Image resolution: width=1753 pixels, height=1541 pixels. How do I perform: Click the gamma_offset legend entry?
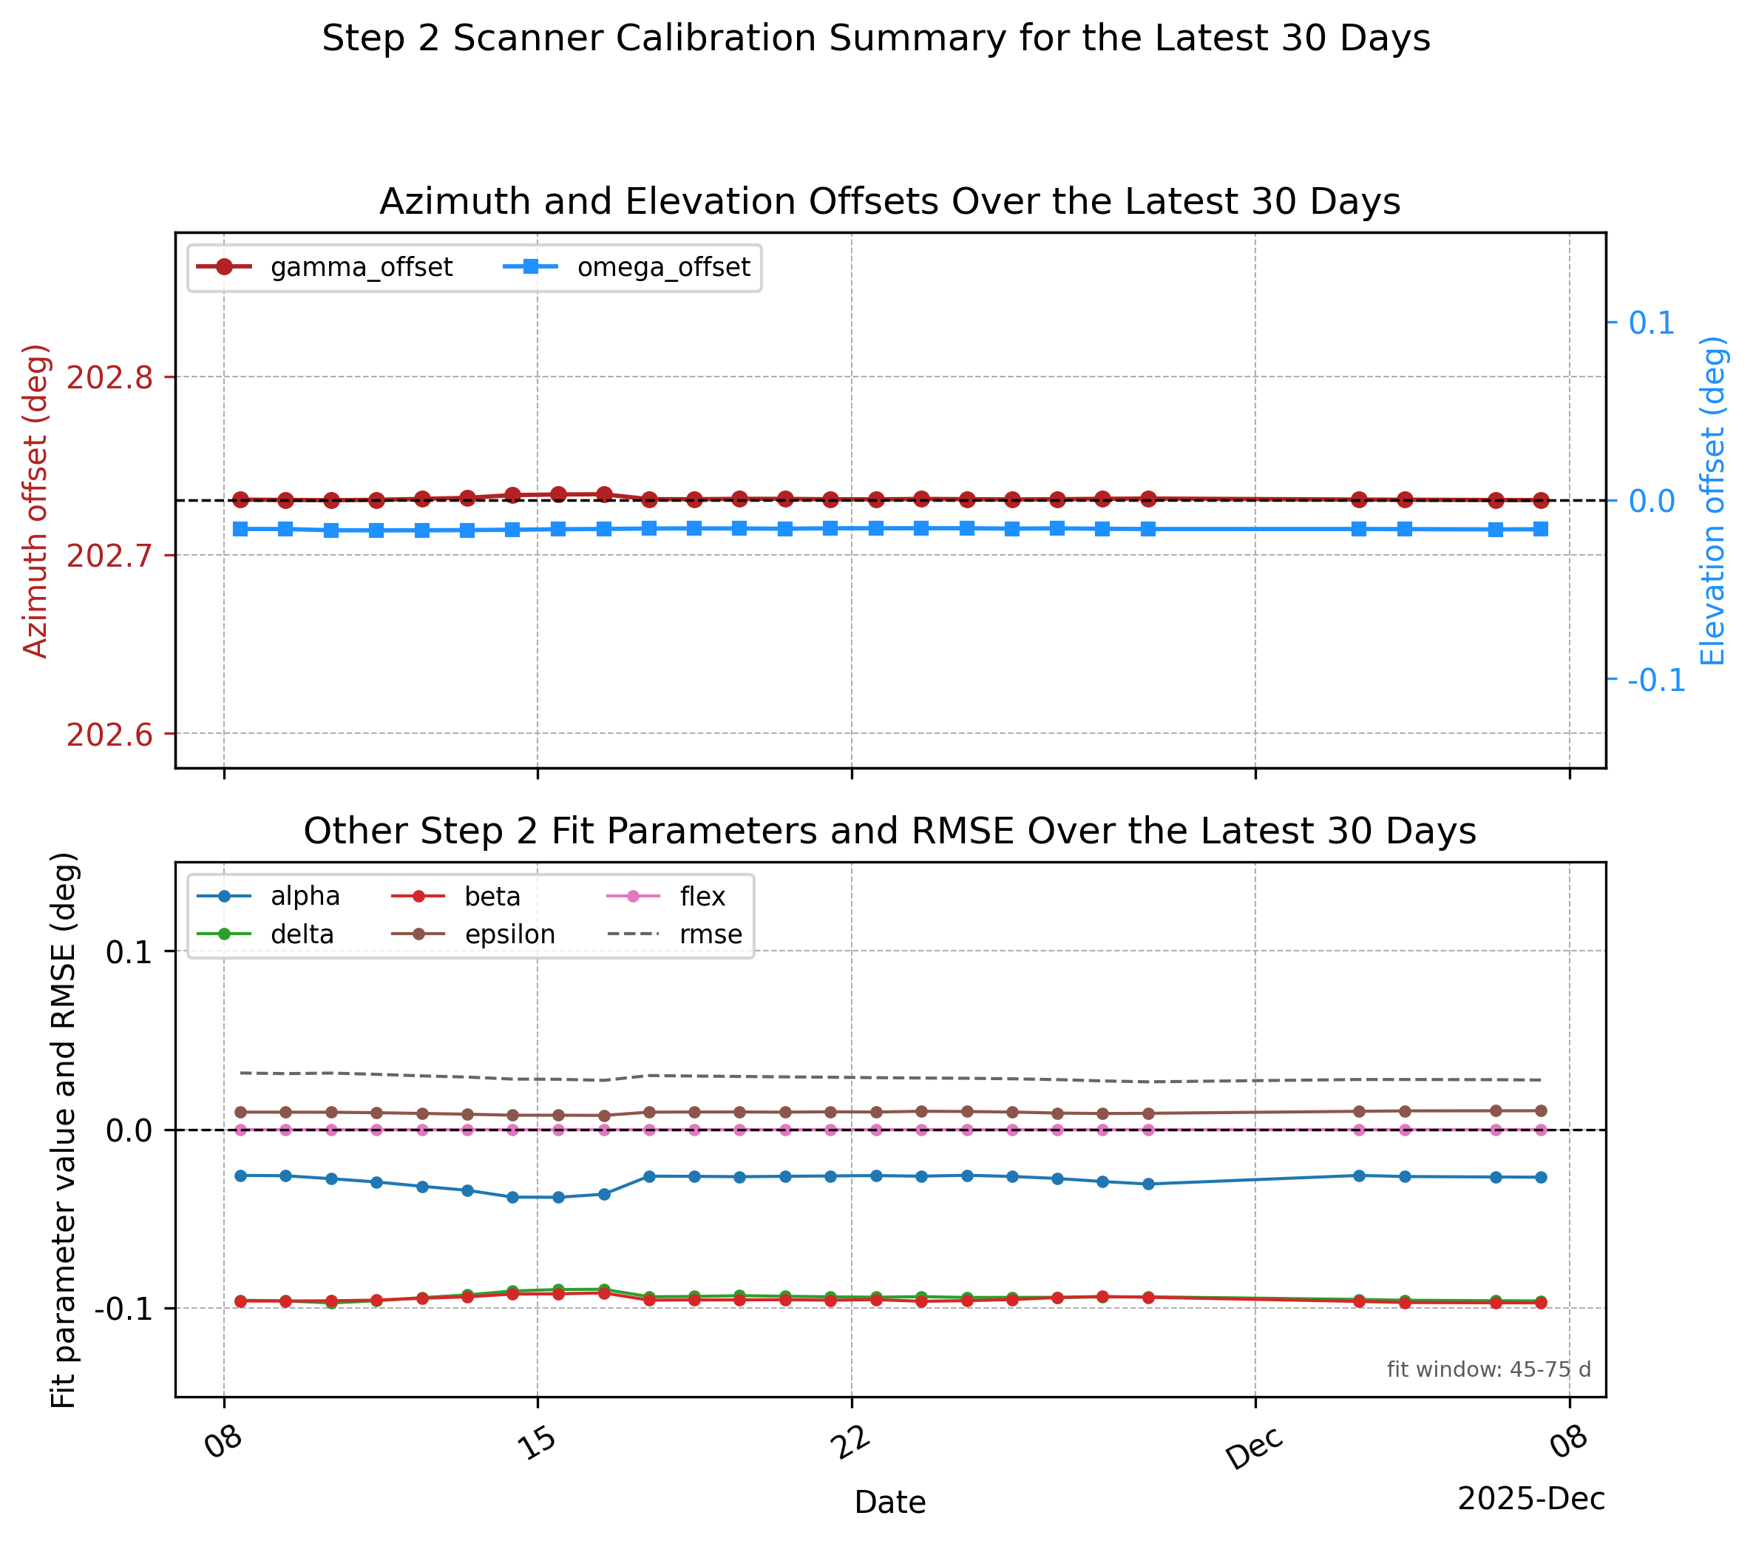click(x=324, y=267)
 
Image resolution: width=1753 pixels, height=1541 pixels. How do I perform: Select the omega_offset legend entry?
click(x=625, y=267)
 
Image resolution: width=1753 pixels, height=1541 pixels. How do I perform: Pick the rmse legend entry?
click(x=675, y=934)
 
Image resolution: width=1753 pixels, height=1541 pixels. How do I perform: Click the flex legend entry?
click(x=666, y=897)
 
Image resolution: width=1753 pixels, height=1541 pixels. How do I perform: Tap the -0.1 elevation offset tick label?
click(x=1656, y=681)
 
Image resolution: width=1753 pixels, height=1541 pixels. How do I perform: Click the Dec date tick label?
click(x=1254, y=1450)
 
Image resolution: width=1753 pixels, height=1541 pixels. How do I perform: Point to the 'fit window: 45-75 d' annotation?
click(x=1489, y=1369)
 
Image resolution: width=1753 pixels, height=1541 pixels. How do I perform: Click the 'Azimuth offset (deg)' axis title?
click(x=35, y=501)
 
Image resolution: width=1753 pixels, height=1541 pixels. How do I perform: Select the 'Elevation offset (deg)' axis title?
click(x=1714, y=501)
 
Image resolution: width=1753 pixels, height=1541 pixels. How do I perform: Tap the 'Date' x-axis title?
click(x=890, y=1503)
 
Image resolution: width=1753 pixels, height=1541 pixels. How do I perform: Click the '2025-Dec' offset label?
click(x=1532, y=1498)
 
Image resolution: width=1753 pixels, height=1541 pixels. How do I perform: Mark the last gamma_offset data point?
click(x=1540, y=500)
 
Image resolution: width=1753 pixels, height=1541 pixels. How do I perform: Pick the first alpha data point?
click(x=240, y=1176)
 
